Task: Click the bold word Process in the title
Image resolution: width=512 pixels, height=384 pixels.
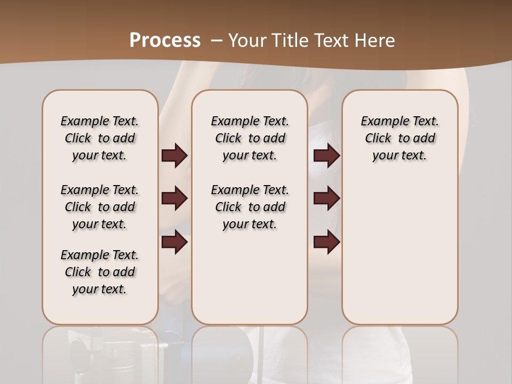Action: [x=165, y=41]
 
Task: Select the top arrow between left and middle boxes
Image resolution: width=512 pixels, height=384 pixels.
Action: [x=174, y=156]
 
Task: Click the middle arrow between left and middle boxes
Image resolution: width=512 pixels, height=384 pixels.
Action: [x=174, y=198]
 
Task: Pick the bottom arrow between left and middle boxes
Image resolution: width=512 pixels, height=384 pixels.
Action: [x=174, y=242]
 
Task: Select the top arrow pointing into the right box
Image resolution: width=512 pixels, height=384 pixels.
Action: [x=326, y=156]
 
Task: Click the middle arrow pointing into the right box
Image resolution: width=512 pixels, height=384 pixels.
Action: [x=326, y=198]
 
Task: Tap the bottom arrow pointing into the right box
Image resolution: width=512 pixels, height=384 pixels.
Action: [x=326, y=242]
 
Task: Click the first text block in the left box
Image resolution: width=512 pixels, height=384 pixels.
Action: [x=100, y=138]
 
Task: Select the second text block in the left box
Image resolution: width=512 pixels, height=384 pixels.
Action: [x=100, y=207]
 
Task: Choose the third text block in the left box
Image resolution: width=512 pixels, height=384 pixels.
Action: [x=100, y=272]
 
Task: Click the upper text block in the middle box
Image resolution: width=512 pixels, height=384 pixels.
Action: [x=250, y=138]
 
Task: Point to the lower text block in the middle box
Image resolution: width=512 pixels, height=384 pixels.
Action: [x=250, y=207]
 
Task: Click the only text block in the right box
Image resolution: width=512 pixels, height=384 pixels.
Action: [x=399, y=138]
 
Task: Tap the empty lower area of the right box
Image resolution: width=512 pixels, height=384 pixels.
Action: [x=399, y=251]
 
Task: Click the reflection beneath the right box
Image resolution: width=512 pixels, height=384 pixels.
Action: [x=399, y=352]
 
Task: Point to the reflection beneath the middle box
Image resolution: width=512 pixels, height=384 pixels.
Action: [x=250, y=352]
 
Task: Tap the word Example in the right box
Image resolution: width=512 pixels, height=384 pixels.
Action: [x=381, y=121]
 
